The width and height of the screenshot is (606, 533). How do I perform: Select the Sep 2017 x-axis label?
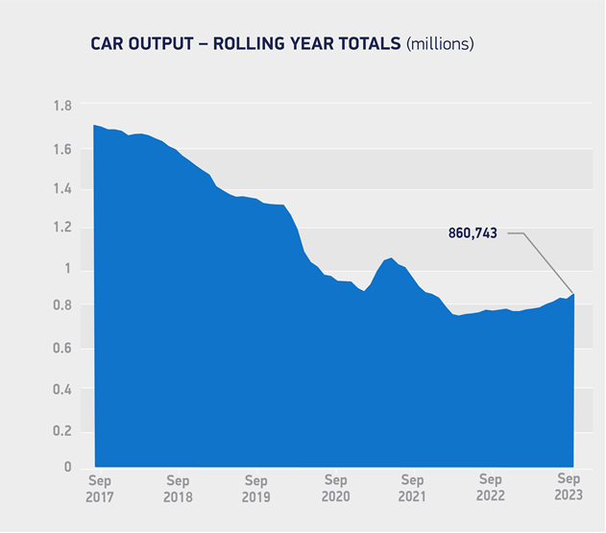click(x=99, y=488)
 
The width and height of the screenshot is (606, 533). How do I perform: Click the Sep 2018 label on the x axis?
click(x=178, y=488)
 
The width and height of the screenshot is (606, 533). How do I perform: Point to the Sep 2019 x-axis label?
click(x=255, y=488)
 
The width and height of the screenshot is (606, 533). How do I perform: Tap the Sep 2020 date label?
click(x=334, y=488)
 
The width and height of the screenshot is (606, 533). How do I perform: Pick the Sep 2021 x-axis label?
click(x=412, y=488)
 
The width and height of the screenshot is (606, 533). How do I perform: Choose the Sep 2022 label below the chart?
click(x=491, y=488)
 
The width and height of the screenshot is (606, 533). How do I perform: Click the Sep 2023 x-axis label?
click(x=569, y=488)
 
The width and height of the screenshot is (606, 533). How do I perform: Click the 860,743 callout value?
click(x=474, y=232)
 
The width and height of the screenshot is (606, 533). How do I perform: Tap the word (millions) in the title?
click(x=441, y=43)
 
